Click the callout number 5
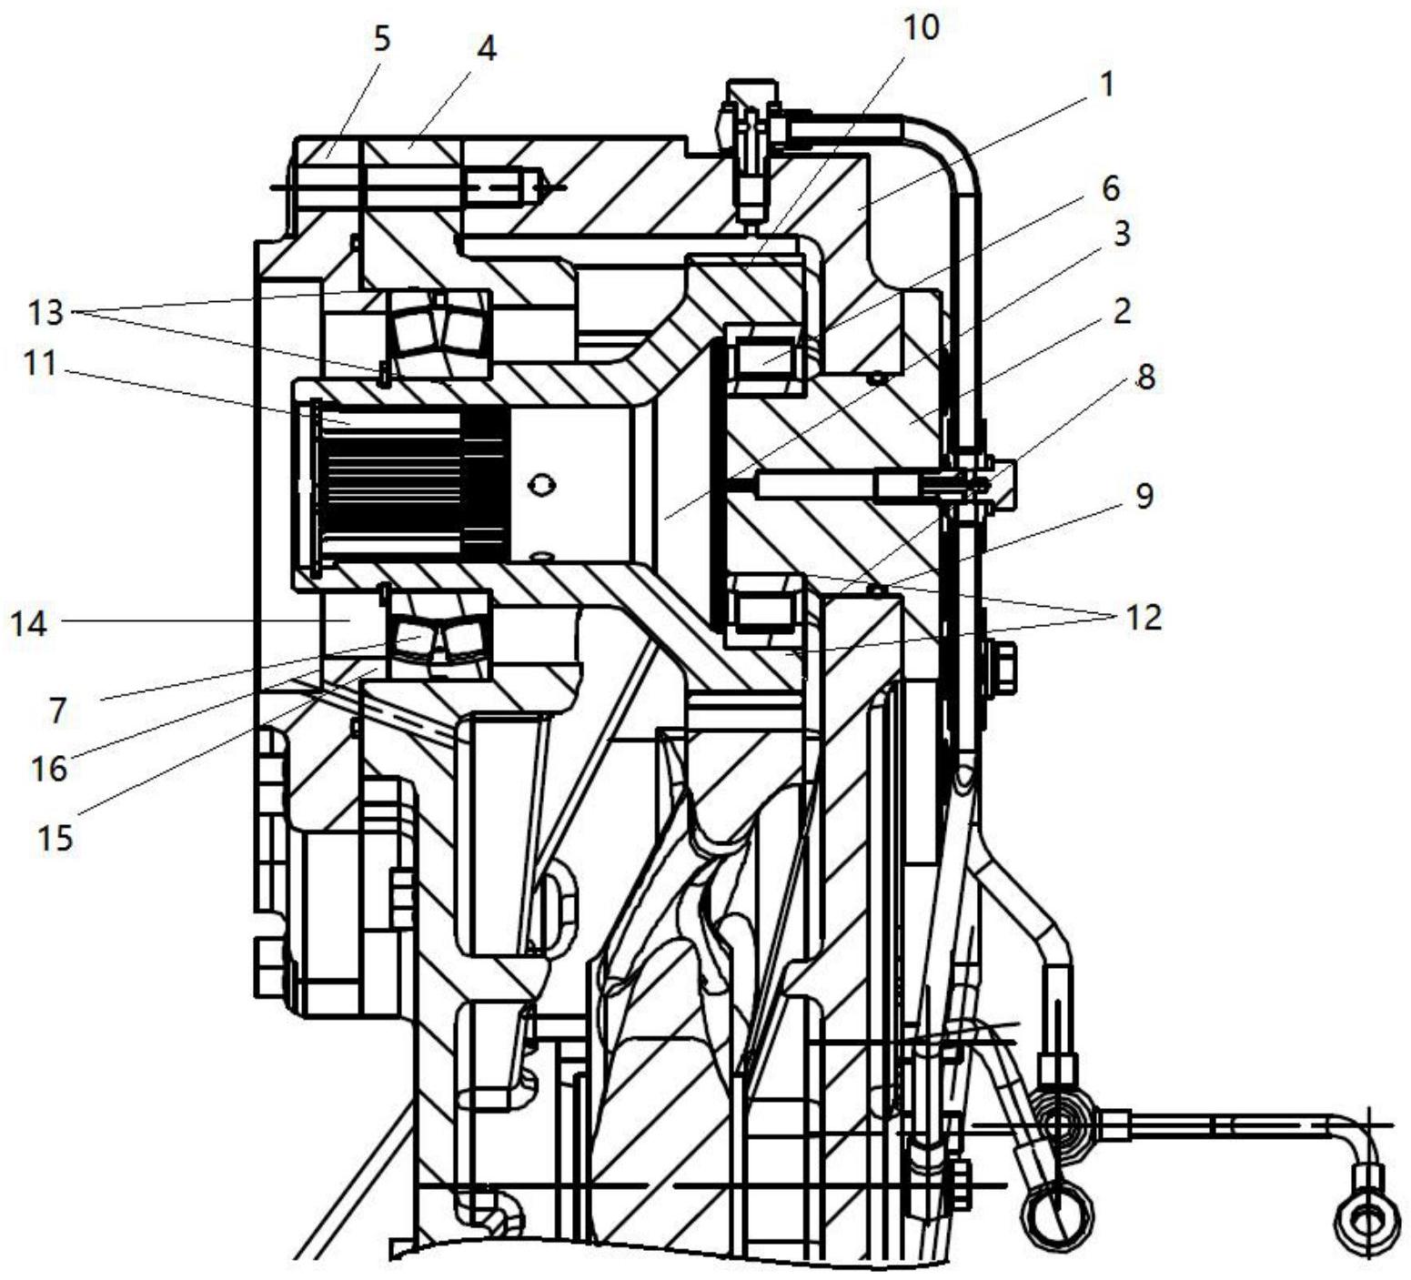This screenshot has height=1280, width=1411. click(381, 41)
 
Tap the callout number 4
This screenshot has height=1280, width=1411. click(488, 48)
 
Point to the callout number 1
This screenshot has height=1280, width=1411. click(1106, 85)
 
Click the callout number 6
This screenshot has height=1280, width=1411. click(1110, 189)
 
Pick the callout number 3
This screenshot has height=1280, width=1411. click(1121, 233)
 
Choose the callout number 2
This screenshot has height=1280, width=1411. click(1122, 311)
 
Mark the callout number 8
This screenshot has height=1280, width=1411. click(1145, 377)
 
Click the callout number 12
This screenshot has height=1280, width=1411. click(1144, 618)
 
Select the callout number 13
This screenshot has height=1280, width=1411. click(45, 313)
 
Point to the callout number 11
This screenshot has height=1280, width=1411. click(41, 364)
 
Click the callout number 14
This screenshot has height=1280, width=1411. click(29, 624)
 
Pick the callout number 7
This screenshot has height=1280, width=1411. click(57, 711)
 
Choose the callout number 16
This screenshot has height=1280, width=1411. click(49, 769)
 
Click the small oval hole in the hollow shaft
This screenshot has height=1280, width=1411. click(542, 486)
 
